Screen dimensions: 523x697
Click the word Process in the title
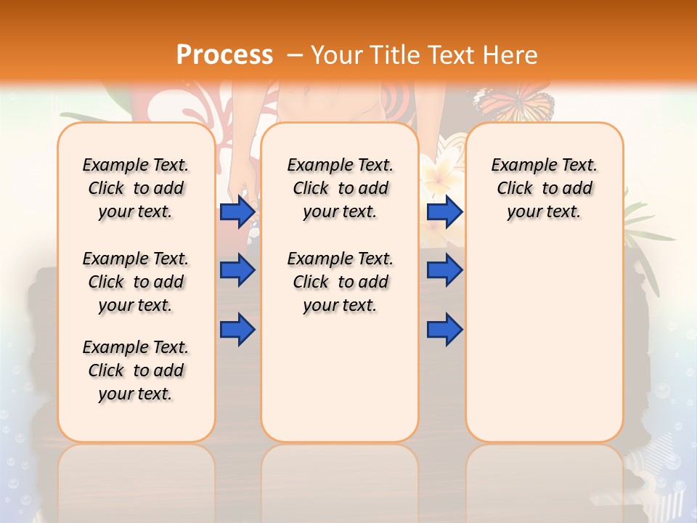pyautogui.click(x=224, y=54)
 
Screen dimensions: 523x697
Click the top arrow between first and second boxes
pyautogui.click(x=237, y=211)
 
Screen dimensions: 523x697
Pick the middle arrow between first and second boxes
pyautogui.click(x=237, y=270)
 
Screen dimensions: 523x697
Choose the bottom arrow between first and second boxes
pyautogui.click(x=237, y=329)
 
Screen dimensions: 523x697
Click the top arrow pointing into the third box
pyautogui.click(x=444, y=211)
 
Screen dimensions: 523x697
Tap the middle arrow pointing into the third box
pyautogui.click(x=444, y=270)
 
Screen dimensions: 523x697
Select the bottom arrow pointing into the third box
pyautogui.click(x=444, y=329)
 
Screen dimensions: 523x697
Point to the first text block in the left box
pyautogui.click(x=136, y=188)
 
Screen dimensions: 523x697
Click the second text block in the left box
pyautogui.click(x=136, y=282)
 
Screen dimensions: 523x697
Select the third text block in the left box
pyautogui.click(x=136, y=370)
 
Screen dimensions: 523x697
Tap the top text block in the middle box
pyautogui.click(x=340, y=188)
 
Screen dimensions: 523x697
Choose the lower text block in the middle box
pyautogui.click(x=340, y=282)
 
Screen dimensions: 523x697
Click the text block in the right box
pyautogui.click(x=544, y=188)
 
